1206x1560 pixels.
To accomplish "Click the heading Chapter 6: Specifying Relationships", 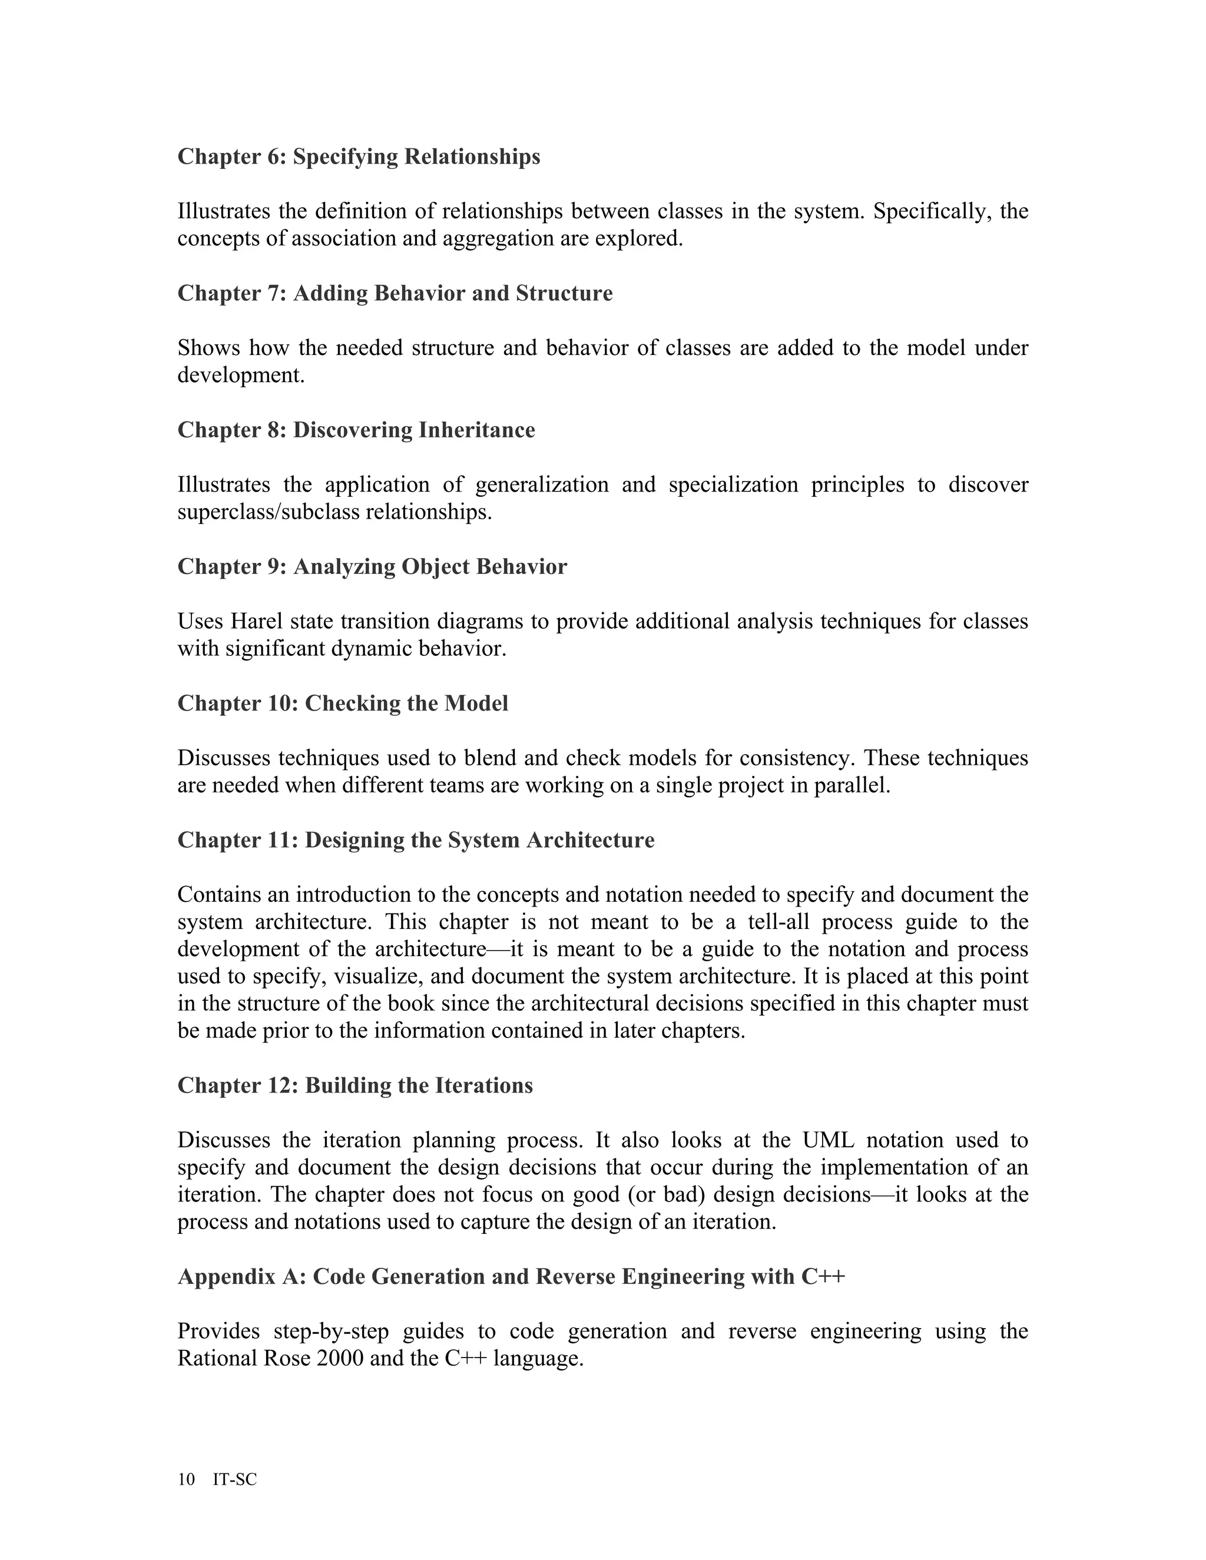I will (x=359, y=157).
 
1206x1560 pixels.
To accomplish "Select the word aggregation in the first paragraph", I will (x=499, y=238).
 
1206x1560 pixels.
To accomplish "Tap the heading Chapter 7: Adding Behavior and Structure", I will (x=395, y=294).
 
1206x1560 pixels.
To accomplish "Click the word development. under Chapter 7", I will (x=241, y=375).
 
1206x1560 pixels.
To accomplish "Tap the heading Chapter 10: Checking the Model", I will (x=342, y=703).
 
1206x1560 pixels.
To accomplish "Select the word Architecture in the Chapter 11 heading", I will (x=590, y=840).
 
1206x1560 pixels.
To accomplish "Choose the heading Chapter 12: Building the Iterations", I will (x=354, y=1086).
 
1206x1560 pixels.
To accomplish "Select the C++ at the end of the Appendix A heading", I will (x=823, y=1276).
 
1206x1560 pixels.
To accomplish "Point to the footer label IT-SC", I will (x=234, y=1479).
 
